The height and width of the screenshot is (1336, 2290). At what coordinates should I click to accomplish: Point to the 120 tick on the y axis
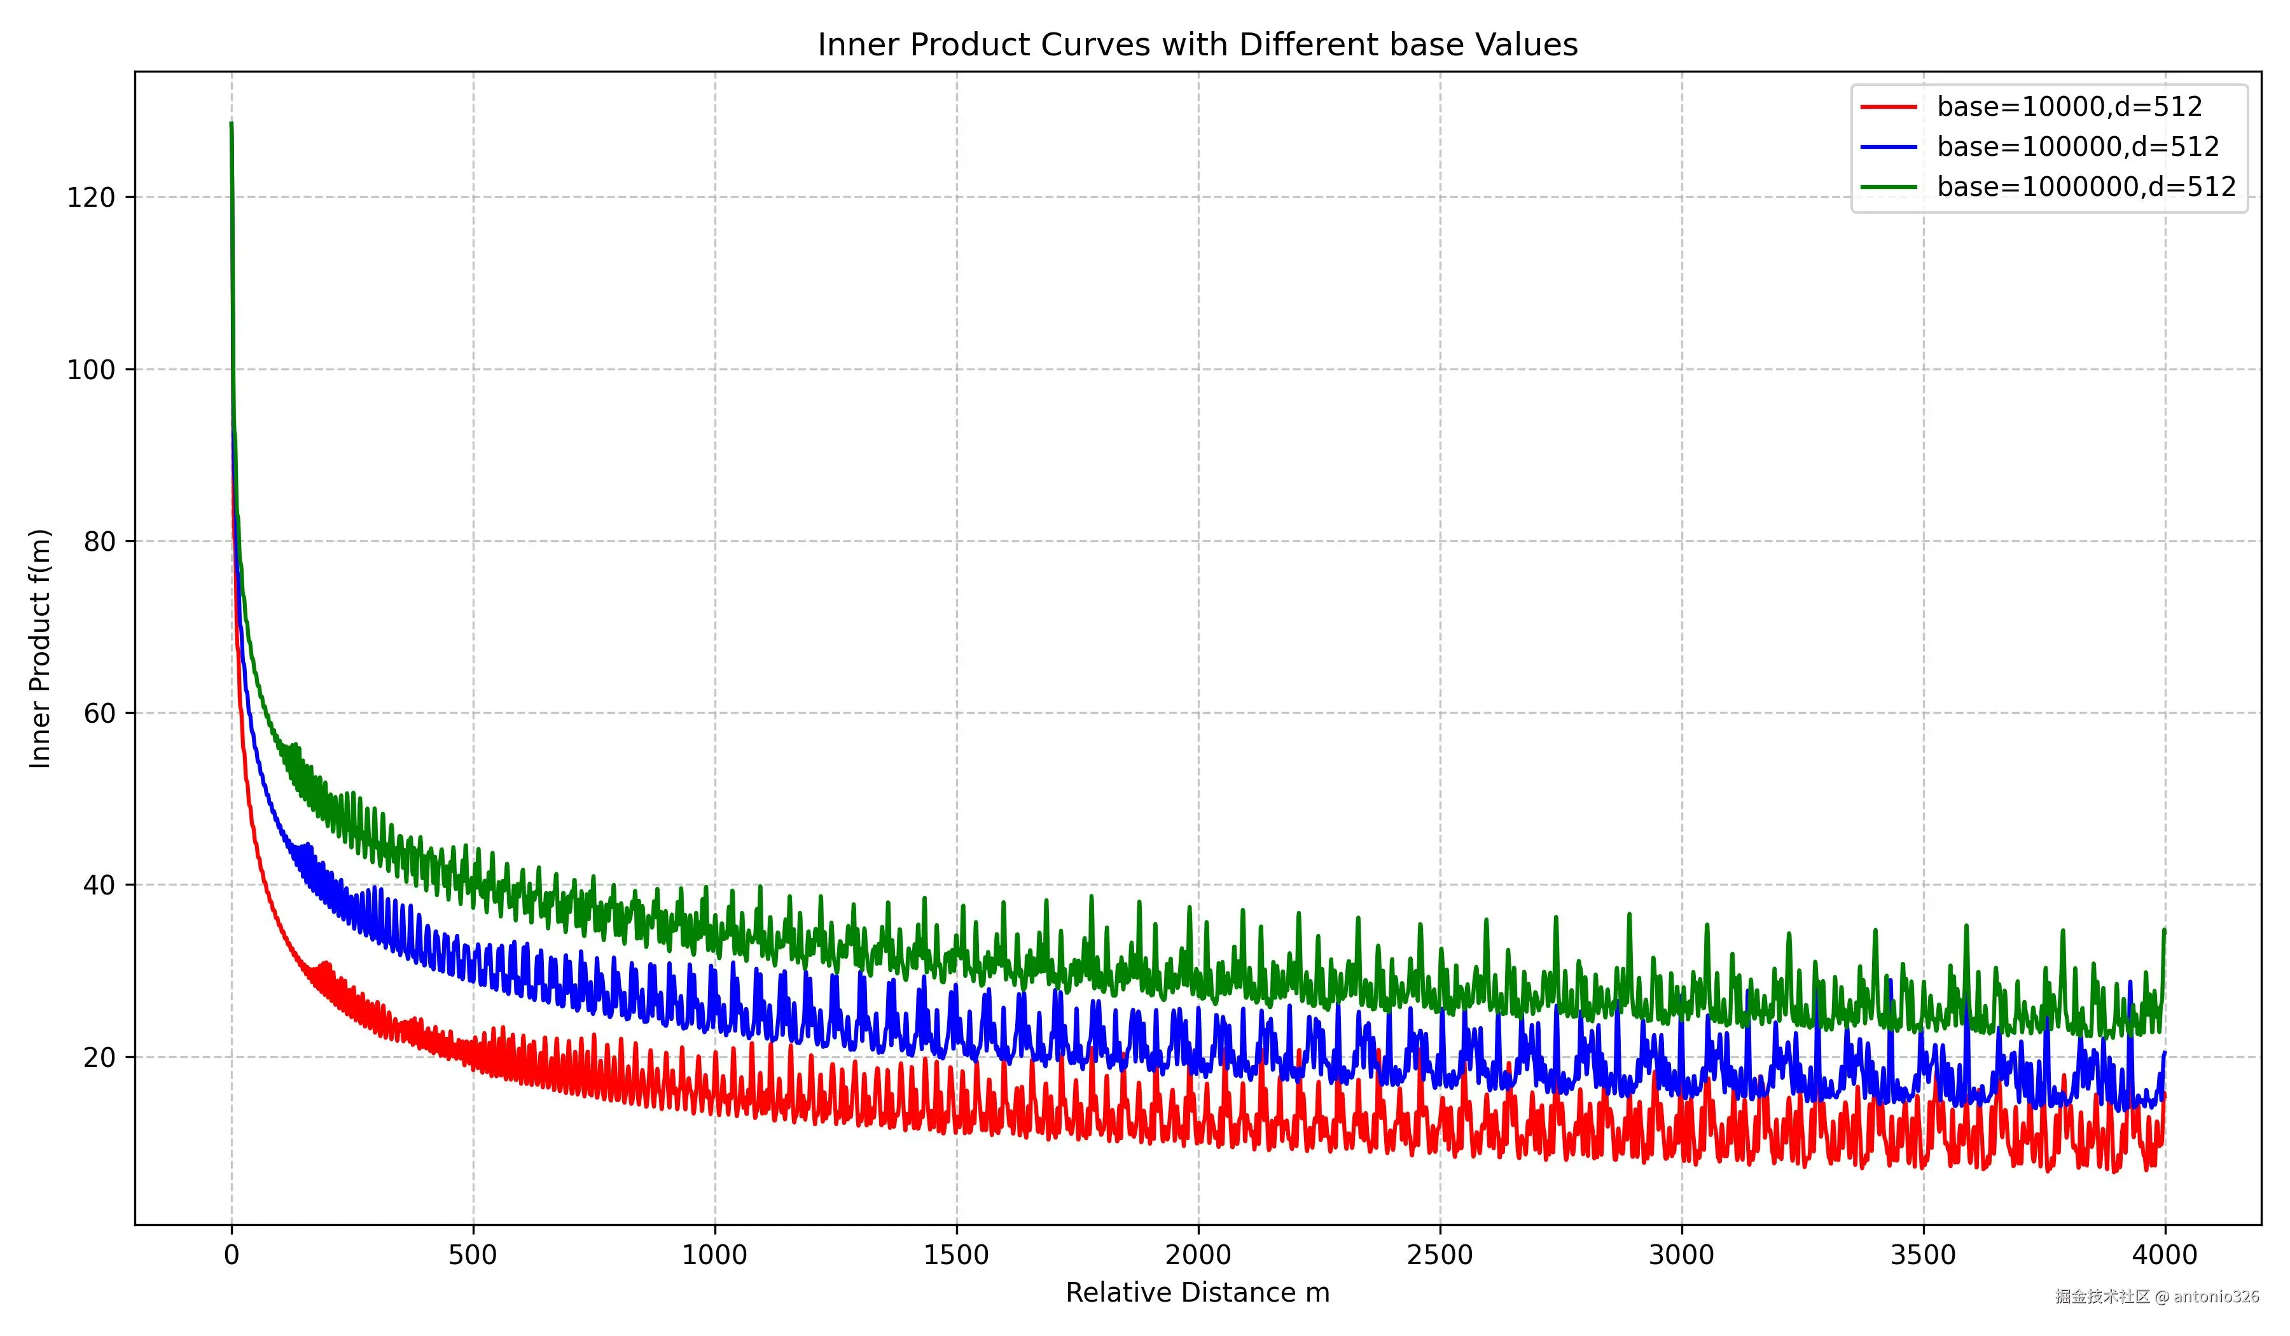[x=91, y=197]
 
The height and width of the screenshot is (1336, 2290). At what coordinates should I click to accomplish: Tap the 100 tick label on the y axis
[x=91, y=370]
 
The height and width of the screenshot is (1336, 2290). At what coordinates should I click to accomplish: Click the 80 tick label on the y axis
[x=99, y=541]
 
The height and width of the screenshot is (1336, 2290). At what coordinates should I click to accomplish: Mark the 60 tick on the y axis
[x=99, y=713]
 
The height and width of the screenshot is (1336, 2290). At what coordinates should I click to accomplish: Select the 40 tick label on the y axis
[x=99, y=885]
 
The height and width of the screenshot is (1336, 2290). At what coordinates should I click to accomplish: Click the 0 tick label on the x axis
[x=232, y=1255]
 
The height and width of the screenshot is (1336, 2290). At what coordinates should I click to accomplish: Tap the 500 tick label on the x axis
[x=473, y=1255]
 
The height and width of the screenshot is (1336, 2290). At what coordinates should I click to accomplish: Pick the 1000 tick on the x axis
[x=715, y=1255]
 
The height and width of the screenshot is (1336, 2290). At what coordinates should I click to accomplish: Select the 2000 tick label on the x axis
[x=1198, y=1255]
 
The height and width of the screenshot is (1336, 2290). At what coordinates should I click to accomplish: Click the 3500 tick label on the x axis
[x=1924, y=1255]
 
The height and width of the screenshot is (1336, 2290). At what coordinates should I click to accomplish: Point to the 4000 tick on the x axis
[x=2165, y=1255]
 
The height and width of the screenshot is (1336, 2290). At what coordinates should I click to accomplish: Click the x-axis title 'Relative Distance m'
[x=1198, y=1292]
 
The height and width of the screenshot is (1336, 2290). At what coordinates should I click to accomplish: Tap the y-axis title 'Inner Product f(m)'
[x=40, y=648]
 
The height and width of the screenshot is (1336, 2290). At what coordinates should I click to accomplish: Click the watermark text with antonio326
[x=2157, y=1296]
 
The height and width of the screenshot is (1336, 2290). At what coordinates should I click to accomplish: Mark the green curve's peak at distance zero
[x=232, y=123]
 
